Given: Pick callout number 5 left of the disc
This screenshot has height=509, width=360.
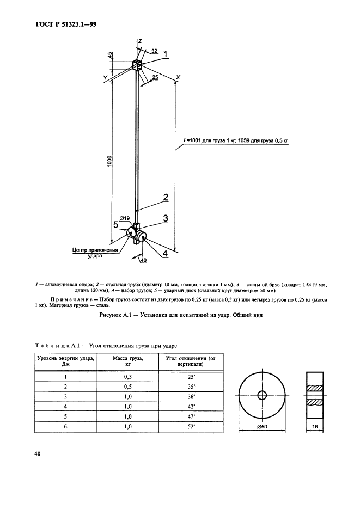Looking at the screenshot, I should [x=116, y=224].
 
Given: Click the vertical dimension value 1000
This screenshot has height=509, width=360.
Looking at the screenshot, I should [x=109, y=161].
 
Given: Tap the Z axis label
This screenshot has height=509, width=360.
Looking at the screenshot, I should [x=140, y=41].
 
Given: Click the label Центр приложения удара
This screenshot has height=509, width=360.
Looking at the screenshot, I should [x=96, y=254].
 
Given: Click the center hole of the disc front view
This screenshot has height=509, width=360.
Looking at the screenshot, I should [x=262, y=395].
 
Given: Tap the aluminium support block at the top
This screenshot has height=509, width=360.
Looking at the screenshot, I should [x=137, y=65].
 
